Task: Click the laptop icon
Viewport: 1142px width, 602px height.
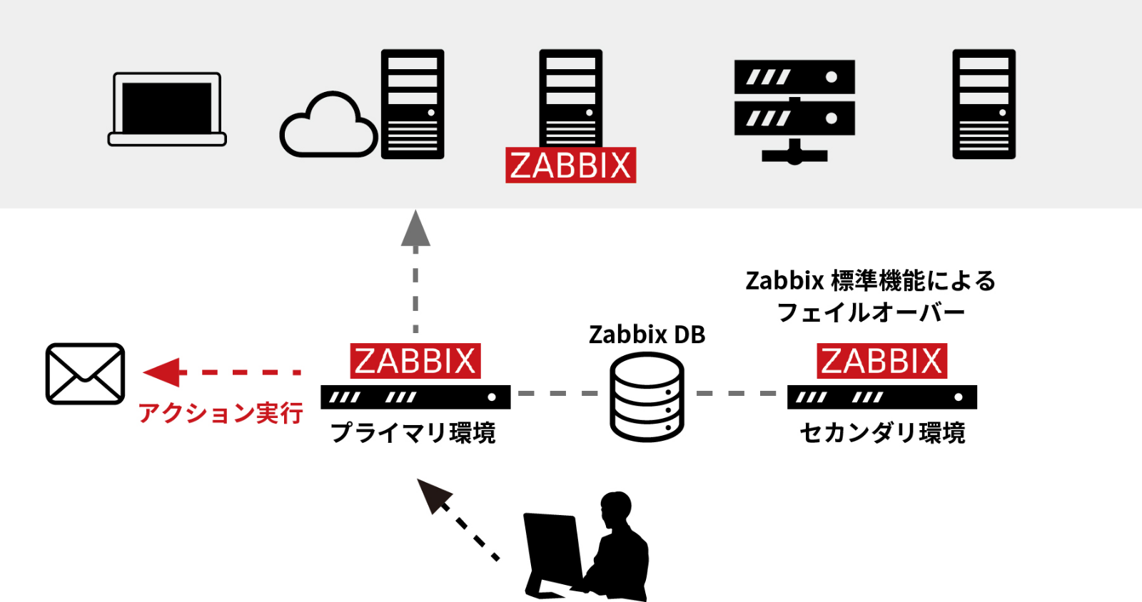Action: (x=167, y=109)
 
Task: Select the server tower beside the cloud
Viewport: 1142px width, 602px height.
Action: (x=413, y=104)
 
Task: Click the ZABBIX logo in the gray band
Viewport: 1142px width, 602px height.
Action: (x=570, y=165)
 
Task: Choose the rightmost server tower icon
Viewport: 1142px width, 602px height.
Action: (x=984, y=104)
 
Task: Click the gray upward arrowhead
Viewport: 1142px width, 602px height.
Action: (x=415, y=230)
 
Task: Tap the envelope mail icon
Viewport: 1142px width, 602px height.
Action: (x=85, y=374)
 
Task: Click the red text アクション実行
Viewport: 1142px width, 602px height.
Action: (x=221, y=413)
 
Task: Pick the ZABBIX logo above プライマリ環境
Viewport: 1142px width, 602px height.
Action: (x=415, y=361)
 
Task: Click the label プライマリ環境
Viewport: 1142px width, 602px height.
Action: (x=413, y=433)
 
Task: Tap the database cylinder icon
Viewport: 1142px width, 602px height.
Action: (x=647, y=397)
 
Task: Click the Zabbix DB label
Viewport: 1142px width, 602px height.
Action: (x=647, y=335)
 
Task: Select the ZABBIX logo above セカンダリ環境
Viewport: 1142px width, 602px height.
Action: (x=881, y=361)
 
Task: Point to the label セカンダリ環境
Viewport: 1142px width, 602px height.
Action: (x=882, y=433)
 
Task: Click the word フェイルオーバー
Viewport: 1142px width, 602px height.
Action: (x=870, y=312)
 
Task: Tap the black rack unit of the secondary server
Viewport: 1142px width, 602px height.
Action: (x=881, y=397)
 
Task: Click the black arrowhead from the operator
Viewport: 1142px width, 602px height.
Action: (x=434, y=495)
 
